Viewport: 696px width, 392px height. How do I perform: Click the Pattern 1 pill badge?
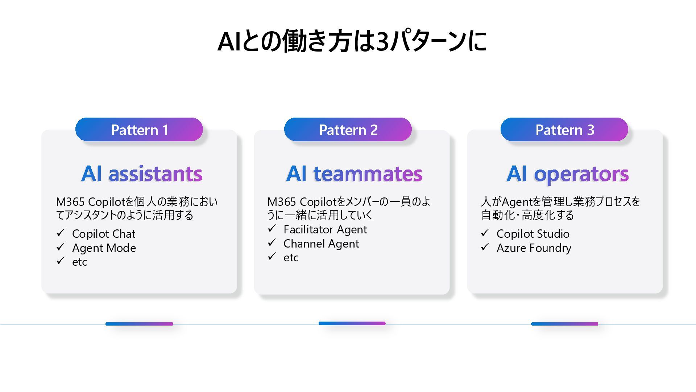[x=139, y=130]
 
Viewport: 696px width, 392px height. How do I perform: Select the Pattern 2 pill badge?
[x=348, y=130]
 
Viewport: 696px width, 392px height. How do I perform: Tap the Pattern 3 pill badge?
[x=564, y=130]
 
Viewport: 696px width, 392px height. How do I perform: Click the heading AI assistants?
[x=142, y=173]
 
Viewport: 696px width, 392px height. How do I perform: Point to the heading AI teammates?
[x=354, y=173]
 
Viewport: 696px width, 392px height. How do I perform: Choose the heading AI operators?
[x=567, y=173]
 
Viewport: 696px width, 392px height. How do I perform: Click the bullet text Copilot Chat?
[x=104, y=234]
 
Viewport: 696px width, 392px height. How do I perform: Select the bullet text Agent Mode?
[x=104, y=248]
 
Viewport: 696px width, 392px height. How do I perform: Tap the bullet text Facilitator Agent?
[x=325, y=229]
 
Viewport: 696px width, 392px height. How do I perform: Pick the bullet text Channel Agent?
[x=321, y=244]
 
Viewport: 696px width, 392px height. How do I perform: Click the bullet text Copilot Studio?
[x=533, y=234]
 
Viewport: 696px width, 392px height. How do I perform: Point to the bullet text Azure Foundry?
[x=534, y=248]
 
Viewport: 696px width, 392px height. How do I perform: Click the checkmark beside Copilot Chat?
[x=61, y=233]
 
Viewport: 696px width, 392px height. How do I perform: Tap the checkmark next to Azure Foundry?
[x=485, y=247]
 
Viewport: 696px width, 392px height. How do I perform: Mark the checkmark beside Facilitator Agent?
[x=272, y=229]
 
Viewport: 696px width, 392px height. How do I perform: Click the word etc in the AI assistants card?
[x=80, y=262]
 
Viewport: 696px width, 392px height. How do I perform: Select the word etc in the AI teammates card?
[x=291, y=258]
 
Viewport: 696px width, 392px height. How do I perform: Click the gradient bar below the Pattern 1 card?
[x=139, y=324]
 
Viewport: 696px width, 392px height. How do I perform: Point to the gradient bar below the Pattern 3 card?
[x=564, y=324]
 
